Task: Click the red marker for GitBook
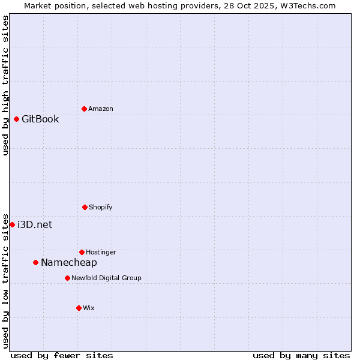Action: tap(16, 119)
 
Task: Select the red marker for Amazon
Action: tap(84, 109)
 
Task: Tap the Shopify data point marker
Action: tap(85, 207)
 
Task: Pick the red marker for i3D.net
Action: tap(12, 224)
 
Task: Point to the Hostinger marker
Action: tap(82, 252)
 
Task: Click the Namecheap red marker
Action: tap(35, 262)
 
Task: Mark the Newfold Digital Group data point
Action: tap(67, 278)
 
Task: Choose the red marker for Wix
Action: tap(79, 308)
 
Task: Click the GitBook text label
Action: tap(40, 119)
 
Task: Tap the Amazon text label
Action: tap(101, 109)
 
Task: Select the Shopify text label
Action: tap(101, 207)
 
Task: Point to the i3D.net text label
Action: tap(35, 224)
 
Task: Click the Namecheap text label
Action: tap(69, 262)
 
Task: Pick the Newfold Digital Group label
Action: tap(106, 278)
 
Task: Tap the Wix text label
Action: tap(89, 308)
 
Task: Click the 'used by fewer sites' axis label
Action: tap(62, 355)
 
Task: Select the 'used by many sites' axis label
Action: tap(301, 355)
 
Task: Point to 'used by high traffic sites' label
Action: tap(5, 86)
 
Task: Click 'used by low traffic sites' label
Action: tap(5, 280)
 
